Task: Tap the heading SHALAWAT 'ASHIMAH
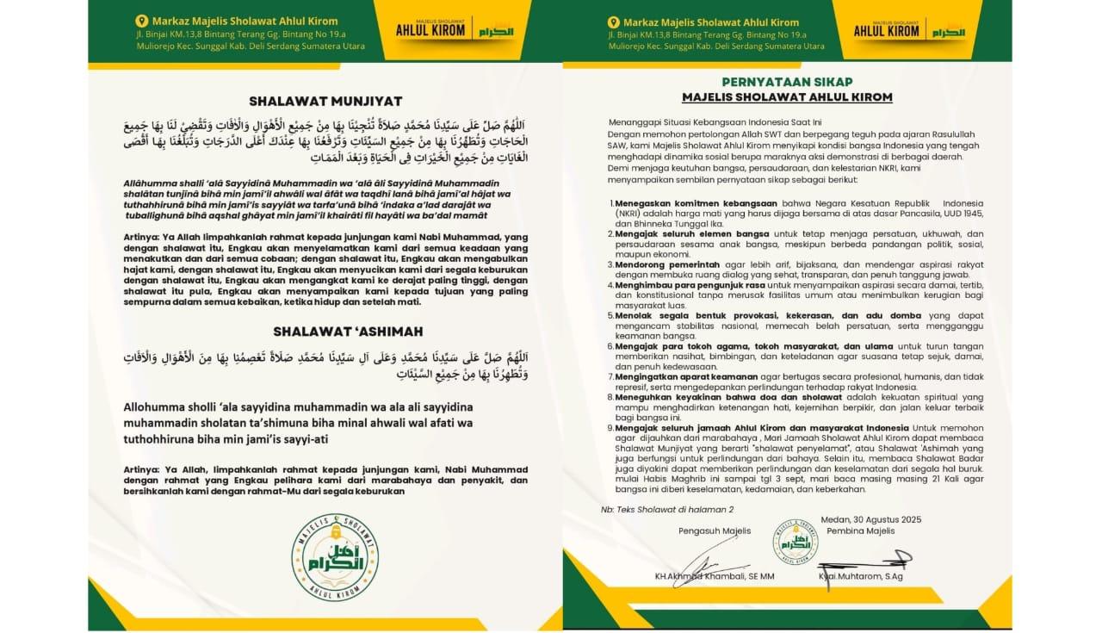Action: (x=325, y=331)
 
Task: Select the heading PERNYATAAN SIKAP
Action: (x=787, y=82)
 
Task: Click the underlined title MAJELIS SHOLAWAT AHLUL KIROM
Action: (x=787, y=96)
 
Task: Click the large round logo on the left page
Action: (x=334, y=555)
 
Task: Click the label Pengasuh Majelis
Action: (x=703, y=530)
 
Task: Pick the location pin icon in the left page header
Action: (x=142, y=22)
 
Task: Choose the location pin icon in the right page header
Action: (x=613, y=22)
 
